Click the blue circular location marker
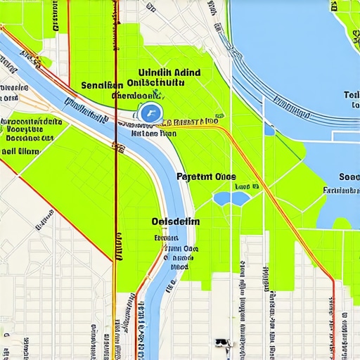tap(150, 112)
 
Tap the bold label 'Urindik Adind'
tap(169, 72)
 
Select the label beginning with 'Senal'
tap(102, 85)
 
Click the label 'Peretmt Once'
tap(206, 177)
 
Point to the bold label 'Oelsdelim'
tap(175, 221)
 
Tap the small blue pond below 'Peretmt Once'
tap(231, 199)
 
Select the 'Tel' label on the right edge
tap(351, 95)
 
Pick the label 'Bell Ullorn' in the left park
tap(22, 150)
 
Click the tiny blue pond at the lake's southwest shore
tap(269, 129)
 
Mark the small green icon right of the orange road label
tap(221, 114)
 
